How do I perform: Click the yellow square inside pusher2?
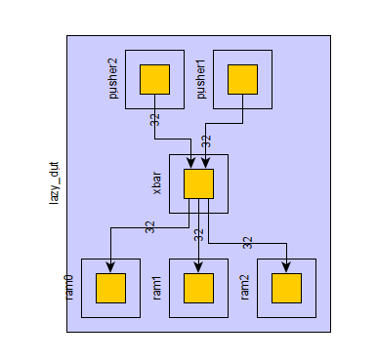[x=154, y=79]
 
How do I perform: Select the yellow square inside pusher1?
[x=242, y=79]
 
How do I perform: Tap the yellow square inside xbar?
[x=198, y=183]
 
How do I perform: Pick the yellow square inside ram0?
[x=110, y=288]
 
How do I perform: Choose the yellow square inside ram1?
[x=198, y=288]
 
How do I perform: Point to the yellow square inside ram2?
[x=286, y=288]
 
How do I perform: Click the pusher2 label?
[x=113, y=79]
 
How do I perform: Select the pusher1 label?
[x=201, y=79]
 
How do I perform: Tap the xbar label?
[x=156, y=183]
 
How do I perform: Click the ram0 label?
[x=68, y=288]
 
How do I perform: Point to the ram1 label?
[x=156, y=288]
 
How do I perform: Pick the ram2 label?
[x=244, y=288]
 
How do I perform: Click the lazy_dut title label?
[x=54, y=183]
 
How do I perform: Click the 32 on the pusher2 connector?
[x=155, y=120]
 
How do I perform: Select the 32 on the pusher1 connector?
[x=206, y=141]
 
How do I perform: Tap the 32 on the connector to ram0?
[x=149, y=227]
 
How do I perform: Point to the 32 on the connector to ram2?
[x=247, y=243]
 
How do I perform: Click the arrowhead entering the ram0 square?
[x=110, y=267]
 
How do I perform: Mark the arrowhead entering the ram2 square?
[x=286, y=267]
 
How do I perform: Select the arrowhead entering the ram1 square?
[x=198, y=267]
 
